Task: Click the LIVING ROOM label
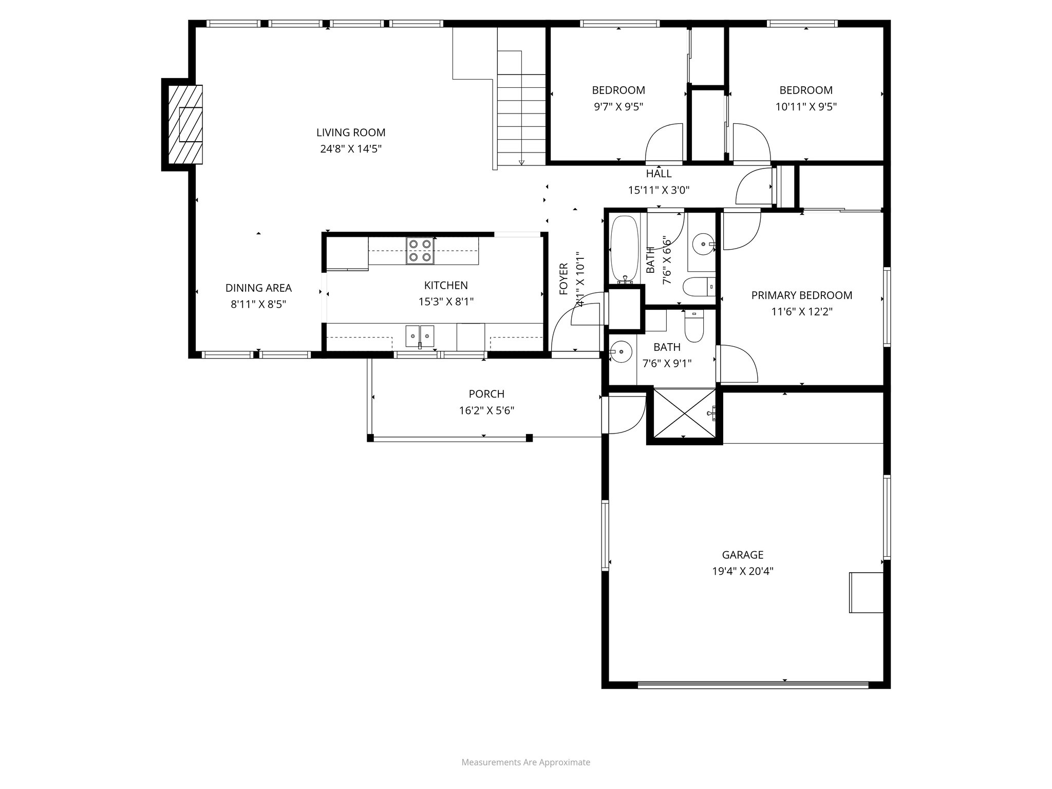pos(351,133)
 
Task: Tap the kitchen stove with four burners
pos(420,251)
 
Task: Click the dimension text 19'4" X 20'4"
pos(742,571)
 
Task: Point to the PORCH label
pos(486,394)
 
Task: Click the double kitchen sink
pos(420,336)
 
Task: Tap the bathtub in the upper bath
pos(624,249)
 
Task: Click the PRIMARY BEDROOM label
pos(801,295)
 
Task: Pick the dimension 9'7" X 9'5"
pos(618,107)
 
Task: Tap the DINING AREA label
pos(258,288)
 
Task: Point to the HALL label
pos(659,174)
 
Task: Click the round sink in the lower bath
pos(622,352)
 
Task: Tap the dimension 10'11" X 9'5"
pos(805,107)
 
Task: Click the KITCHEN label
pos(446,285)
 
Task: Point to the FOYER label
pos(563,279)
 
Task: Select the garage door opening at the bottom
pos(753,685)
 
